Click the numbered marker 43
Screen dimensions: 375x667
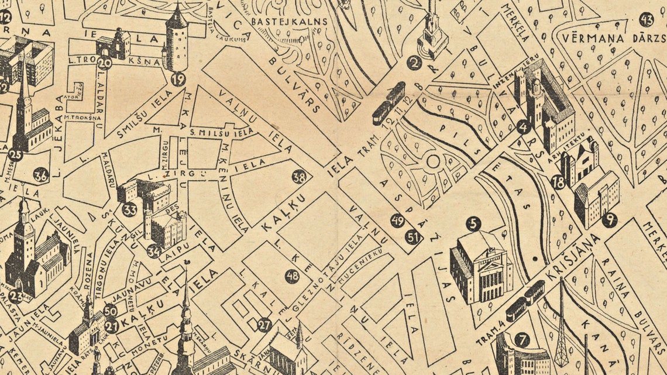point(646,19)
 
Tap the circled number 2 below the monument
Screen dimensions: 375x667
point(414,63)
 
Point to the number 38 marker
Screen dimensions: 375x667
point(299,177)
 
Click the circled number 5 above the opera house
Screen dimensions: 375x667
point(473,223)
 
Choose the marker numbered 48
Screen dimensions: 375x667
point(292,276)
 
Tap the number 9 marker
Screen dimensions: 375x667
point(609,220)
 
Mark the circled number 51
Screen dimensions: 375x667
point(413,237)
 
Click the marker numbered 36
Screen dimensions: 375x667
point(40,175)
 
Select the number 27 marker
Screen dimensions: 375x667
point(265,324)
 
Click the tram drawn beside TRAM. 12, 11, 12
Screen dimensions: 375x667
point(388,104)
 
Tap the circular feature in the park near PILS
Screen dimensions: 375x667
point(434,161)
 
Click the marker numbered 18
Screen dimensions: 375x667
point(558,182)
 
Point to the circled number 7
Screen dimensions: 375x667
point(521,339)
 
